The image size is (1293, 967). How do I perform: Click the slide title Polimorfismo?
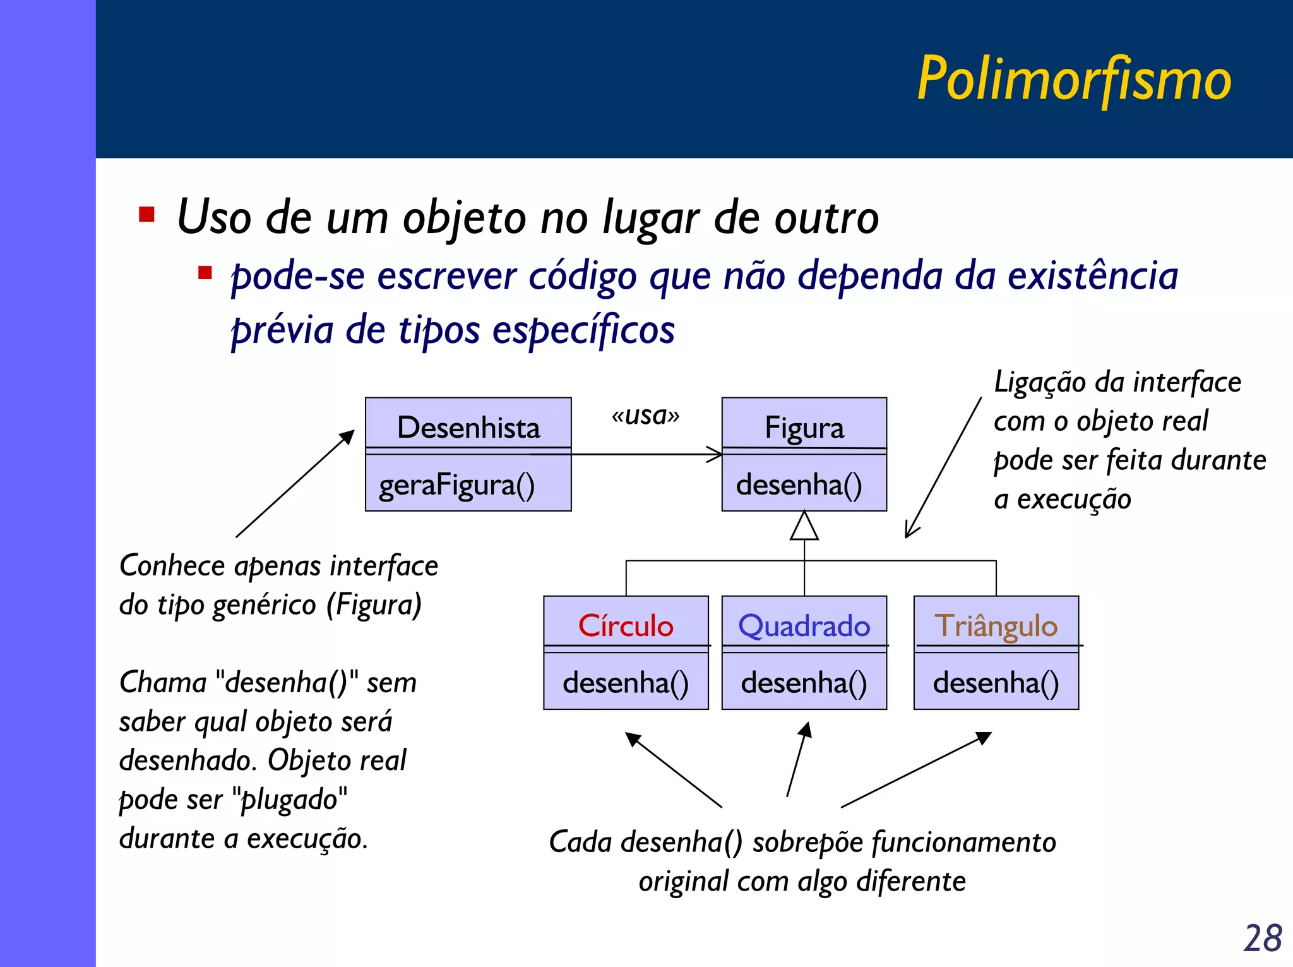[x=1073, y=80]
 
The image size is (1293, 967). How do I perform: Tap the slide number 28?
[x=1262, y=938]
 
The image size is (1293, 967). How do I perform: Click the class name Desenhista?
[x=468, y=428]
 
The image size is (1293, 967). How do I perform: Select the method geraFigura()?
[x=456, y=485]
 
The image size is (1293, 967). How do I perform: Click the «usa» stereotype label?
[x=645, y=415]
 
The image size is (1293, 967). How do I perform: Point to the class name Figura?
[x=804, y=428]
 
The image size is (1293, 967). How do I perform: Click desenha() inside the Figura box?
[x=799, y=485]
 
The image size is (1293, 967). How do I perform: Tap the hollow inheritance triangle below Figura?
[x=804, y=527]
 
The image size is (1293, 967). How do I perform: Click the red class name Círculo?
[x=626, y=626]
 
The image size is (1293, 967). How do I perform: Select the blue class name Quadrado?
[x=804, y=626]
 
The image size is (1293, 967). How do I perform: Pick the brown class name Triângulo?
[x=996, y=626]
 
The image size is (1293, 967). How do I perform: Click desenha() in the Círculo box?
[x=626, y=683]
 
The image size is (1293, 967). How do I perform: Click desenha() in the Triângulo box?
[x=996, y=683]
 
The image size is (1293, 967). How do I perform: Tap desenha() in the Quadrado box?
[x=804, y=683]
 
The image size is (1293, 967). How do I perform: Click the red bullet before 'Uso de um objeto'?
[x=146, y=215]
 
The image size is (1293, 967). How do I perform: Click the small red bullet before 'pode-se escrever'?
[x=205, y=273]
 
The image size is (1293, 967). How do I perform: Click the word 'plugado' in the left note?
[x=290, y=800]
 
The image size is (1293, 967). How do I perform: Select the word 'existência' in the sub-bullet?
[x=1092, y=276]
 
